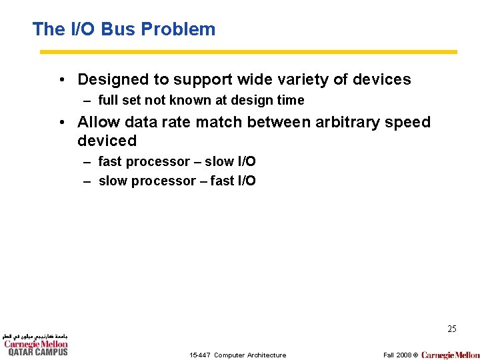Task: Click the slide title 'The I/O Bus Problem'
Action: point(124,29)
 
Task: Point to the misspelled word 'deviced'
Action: point(107,141)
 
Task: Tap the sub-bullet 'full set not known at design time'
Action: point(201,101)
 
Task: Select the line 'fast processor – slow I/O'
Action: point(177,161)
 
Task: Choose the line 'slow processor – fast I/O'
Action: point(177,181)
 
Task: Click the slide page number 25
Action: point(451,329)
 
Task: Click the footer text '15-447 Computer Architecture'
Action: point(237,355)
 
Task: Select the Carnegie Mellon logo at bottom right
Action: point(450,355)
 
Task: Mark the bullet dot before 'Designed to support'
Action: point(61,80)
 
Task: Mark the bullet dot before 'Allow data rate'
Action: point(61,123)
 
